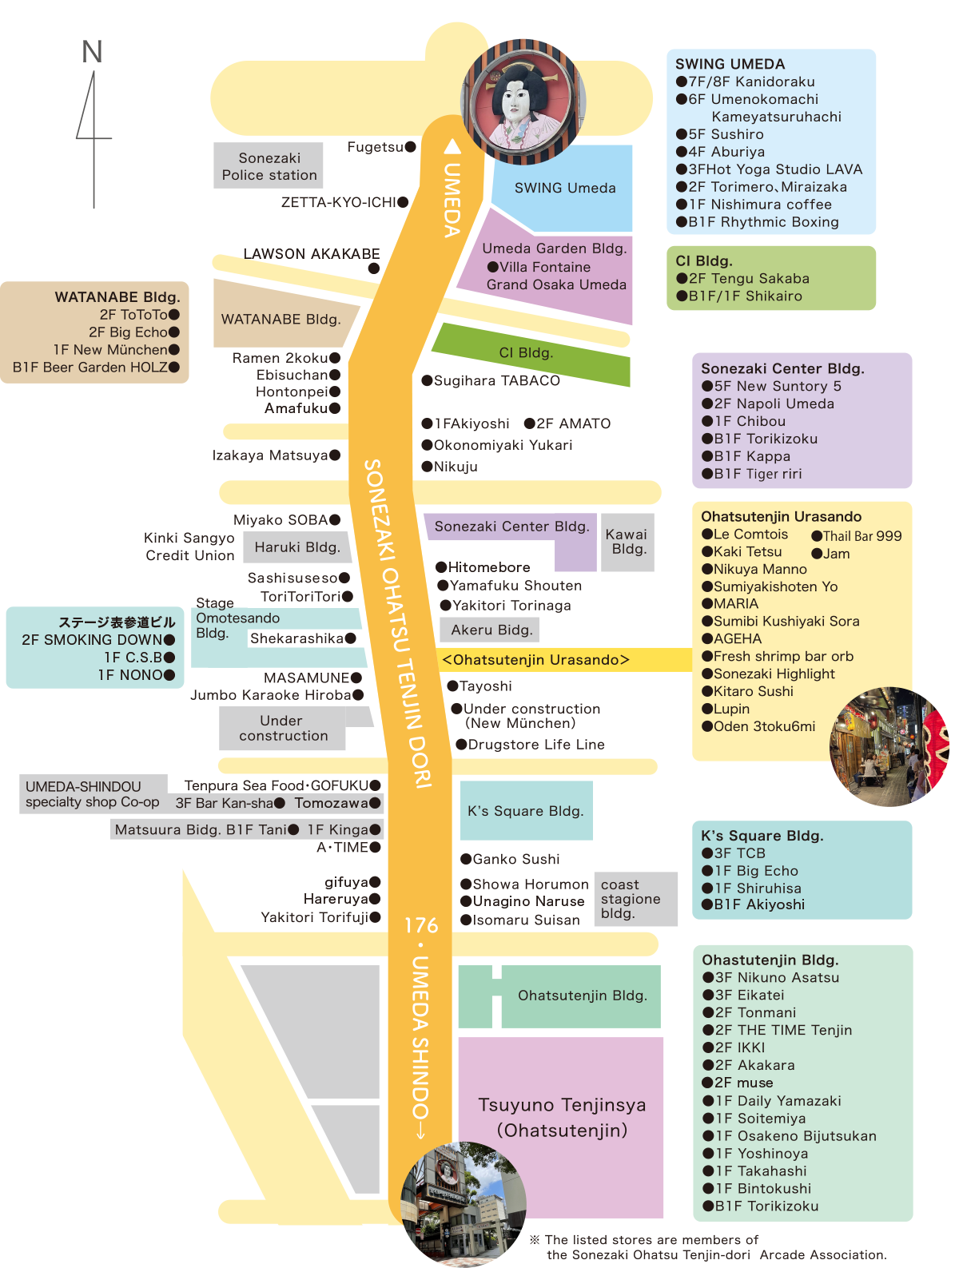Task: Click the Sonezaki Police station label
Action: pos(269,166)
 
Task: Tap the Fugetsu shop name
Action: pos(375,147)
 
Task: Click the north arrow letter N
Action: pos(92,51)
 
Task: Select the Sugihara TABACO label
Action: pos(497,380)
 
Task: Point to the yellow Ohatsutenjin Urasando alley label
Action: pos(535,659)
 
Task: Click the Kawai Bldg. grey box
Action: pos(627,541)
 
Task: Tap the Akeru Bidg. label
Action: pos(491,629)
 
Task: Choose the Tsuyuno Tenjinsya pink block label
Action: pos(562,1117)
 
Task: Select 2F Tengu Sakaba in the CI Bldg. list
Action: pos(749,278)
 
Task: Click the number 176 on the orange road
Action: pos(421,925)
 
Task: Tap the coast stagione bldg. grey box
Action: pos(635,898)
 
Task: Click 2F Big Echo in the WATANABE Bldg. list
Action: pos(133,332)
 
